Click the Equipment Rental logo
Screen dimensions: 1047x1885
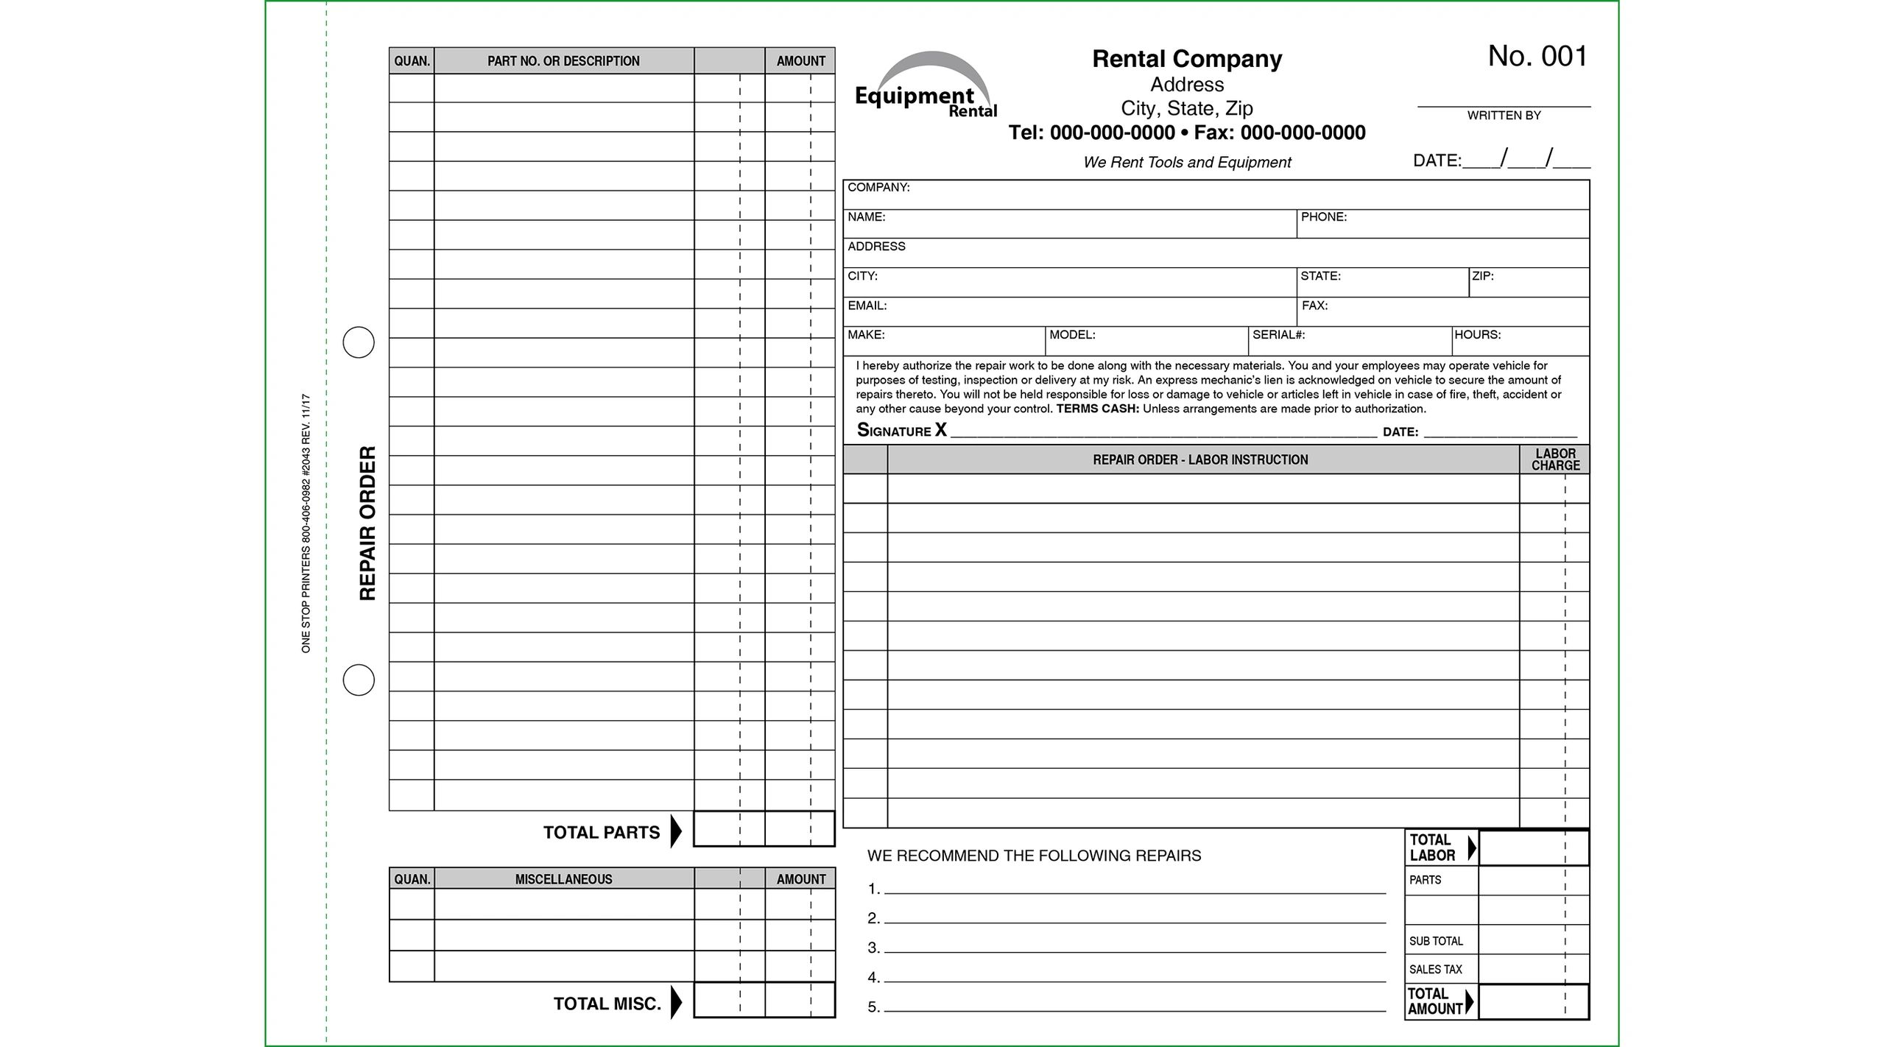[926, 87]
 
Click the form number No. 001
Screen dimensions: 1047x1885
[1537, 57]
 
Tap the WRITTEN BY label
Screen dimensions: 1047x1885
[1504, 116]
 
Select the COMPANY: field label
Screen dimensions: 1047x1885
[878, 188]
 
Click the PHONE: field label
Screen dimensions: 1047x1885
[1323, 217]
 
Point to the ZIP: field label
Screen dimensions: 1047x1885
[1482, 276]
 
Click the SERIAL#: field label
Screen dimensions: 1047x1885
[1278, 335]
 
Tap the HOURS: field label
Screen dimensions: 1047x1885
[1477, 335]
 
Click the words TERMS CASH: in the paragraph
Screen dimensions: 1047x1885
[1097, 409]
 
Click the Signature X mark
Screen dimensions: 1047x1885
[940, 430]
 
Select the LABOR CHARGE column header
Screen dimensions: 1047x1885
[1555, 459]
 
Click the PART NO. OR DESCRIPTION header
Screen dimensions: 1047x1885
[563, 61]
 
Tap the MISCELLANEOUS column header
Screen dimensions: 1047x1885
[563, 879]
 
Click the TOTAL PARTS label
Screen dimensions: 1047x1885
[601, 833]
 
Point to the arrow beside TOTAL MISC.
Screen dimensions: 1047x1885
[676, 1003]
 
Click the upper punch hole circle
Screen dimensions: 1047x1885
[359, 342]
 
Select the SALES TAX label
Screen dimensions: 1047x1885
[1435, 970]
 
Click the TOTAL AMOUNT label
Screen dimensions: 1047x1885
[1434, 1002]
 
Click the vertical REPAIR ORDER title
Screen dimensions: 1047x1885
[367, 523]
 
